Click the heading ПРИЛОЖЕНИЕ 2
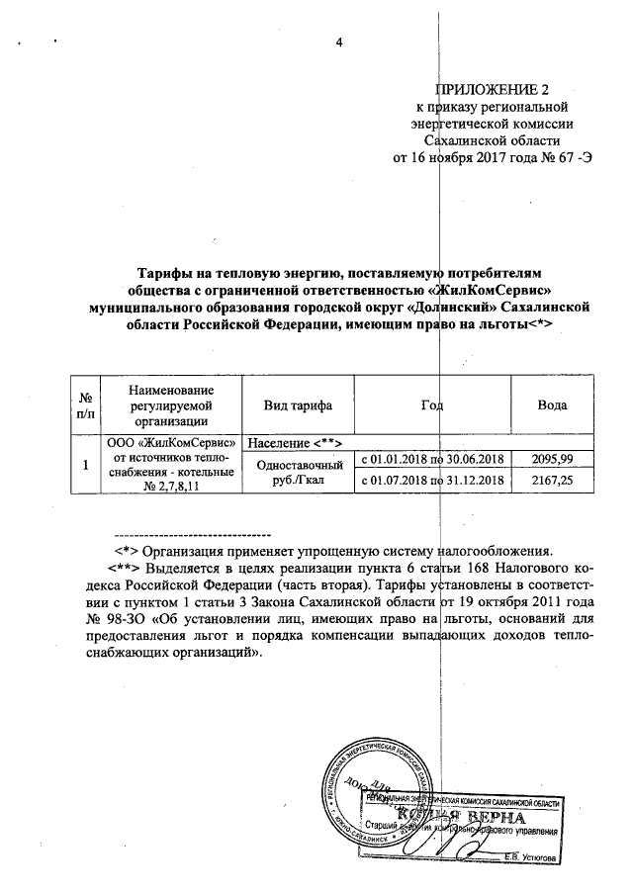[x=493, y=86]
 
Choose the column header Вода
[x=551, y=407]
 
